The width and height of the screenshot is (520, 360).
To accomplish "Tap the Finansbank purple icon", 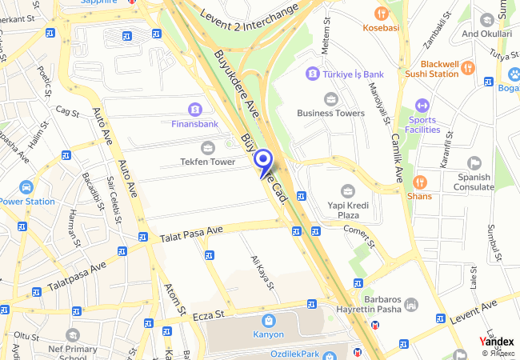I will click(x=194, y=109).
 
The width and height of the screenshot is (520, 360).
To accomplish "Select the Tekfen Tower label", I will click(x=206, y=162).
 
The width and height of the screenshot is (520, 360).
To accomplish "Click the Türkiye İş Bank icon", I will click(x=311, y=74).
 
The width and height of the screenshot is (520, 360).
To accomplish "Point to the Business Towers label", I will click(x=330, y=113).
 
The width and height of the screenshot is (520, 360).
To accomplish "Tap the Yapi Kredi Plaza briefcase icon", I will click(x=347, y=190).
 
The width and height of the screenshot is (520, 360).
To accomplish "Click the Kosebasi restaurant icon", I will click(x=380, y=14).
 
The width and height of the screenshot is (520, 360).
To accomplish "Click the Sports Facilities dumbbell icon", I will click(x=422, y=106).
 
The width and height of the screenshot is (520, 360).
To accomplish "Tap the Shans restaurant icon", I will click(x=420, y=182).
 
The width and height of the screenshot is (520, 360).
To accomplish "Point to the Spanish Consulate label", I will click(x=474, y=182).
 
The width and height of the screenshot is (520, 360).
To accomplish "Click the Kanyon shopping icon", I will click(x=268, y=320).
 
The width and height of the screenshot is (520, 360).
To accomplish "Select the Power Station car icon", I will click(x=26, y=187).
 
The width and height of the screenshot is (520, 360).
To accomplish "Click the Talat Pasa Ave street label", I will click(x=191, y=233).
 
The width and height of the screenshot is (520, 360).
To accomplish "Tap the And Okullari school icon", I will click(x=486, y=19).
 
